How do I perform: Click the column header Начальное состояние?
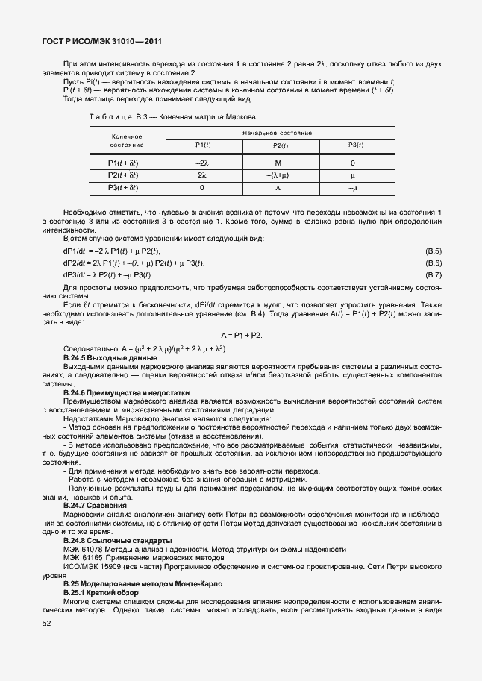(277, 132)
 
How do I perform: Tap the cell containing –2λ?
(202, 163)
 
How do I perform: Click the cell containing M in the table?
(278, 163)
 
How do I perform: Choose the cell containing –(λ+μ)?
(278, 175)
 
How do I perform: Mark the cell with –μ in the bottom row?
(352, 188)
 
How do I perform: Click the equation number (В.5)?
(434, 251)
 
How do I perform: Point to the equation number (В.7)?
(434, 275)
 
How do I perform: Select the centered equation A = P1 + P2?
(241, 336)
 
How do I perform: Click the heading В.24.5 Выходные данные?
(104, 360)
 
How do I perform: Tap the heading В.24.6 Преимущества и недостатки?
(126, 392)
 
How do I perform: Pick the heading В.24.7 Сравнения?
(95, 506)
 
